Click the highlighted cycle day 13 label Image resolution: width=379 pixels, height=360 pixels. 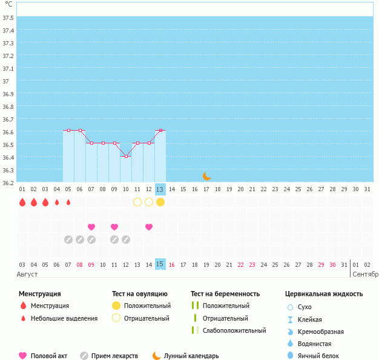coord(160,189)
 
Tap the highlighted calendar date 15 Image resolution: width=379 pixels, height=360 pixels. coord(160,264)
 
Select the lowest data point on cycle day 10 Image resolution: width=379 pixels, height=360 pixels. coord(126,156)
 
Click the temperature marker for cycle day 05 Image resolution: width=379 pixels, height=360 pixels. coord(68,130)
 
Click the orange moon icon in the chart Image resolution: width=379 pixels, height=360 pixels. coord(207,175)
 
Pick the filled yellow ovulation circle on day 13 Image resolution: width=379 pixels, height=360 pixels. coord(160,202)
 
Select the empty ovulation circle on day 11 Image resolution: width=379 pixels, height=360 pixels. coord(137,202)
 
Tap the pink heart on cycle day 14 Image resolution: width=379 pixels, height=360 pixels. coord(149,227)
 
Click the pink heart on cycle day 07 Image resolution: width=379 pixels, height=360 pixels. coord(91,227)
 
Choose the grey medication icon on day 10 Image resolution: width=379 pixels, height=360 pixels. coord(126,240)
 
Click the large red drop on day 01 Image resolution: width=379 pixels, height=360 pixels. coord(22,202)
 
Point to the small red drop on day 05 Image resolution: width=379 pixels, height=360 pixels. coord(68,202)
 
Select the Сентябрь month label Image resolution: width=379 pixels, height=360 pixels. coord(365,274)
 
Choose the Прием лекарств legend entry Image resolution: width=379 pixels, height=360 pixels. coord(114,356)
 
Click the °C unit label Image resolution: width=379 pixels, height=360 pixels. coord(8,4)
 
